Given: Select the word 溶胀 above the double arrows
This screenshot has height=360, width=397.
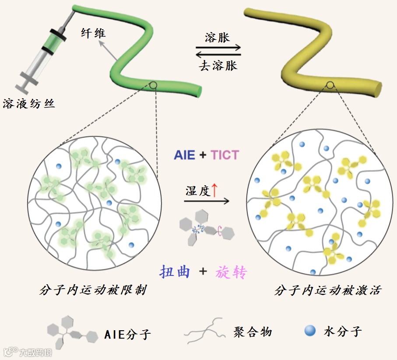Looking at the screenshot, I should click(217, 38).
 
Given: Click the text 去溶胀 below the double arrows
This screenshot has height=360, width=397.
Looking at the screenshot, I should click(218, 66).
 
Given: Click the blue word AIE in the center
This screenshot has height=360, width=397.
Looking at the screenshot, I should click(184, 155).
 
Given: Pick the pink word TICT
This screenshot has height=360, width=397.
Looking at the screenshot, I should click(225, 155).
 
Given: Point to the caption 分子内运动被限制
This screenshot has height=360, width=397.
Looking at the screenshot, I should click(92, 290).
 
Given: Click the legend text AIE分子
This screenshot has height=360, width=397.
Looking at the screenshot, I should click(128, 335).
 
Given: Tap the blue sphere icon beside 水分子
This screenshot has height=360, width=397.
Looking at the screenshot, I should click(310, 332).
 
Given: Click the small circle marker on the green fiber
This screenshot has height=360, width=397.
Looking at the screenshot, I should click(153, 85).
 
